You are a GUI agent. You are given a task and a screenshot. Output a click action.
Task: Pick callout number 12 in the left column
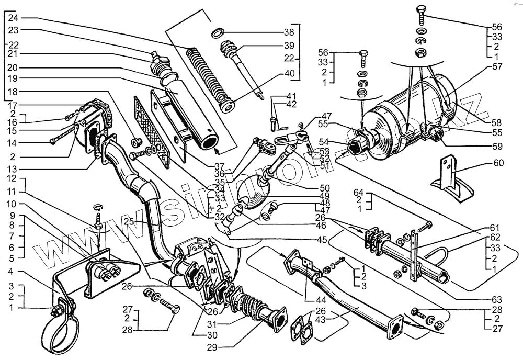[12, 179]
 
